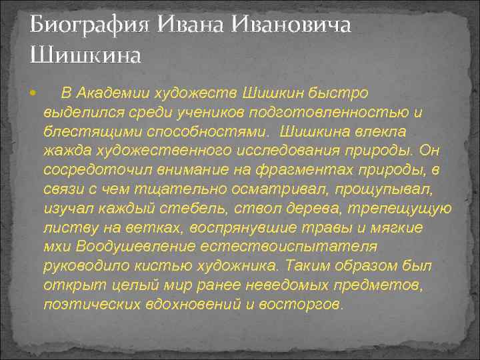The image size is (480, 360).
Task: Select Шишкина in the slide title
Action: (x=85, y=53)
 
